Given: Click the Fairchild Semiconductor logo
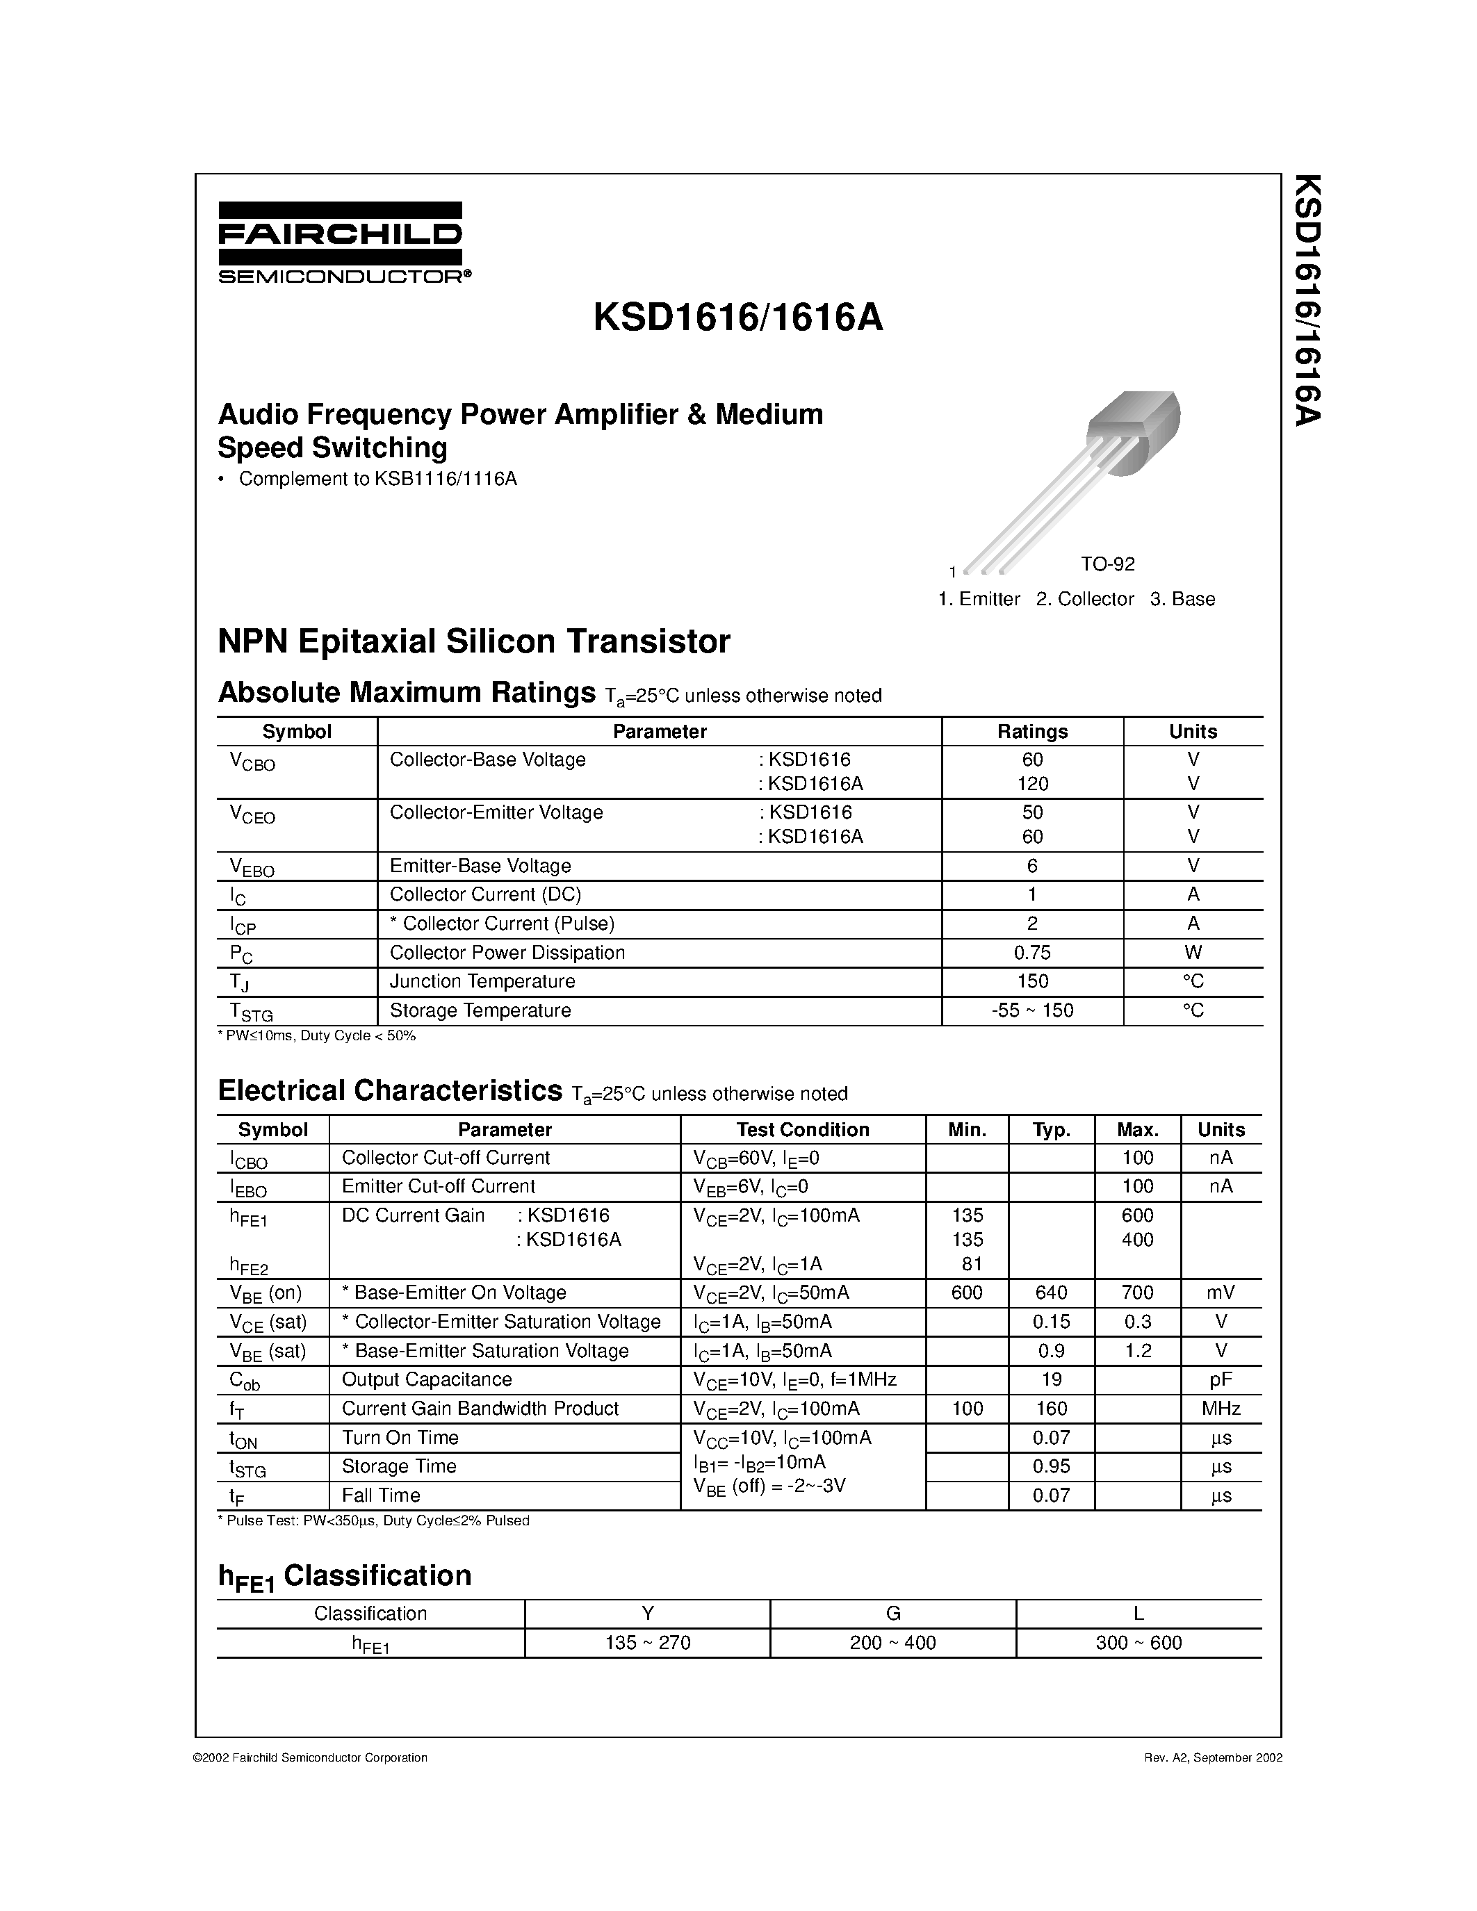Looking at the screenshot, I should click(x=341, y=243).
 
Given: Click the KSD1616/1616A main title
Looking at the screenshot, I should click(x=737, y=318).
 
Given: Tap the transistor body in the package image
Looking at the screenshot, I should click(x=1132, y=432).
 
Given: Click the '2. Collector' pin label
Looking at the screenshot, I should click(x=1084, y=600).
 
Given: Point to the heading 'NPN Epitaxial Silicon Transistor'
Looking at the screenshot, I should click(x=473, y=642).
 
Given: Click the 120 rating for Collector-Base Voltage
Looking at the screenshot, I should click(x=1032, y=784).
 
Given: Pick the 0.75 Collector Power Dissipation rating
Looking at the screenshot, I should click(x=1032, y=953).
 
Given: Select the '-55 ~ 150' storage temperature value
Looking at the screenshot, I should click(x=1032, y=1010).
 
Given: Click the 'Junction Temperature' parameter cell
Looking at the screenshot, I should click(x=482, y=982).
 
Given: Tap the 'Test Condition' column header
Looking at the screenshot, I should click(x=802, y=1130).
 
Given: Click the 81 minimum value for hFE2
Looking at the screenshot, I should click(x=966, y=1263).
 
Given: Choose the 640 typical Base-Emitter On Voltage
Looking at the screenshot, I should click(x=1051, y=1293).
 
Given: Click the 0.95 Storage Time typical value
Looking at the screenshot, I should click(x=1051, y=1466).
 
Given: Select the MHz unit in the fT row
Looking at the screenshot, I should click(x=1221, y=1408).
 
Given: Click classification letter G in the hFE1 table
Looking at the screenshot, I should click(x=892, y=1614).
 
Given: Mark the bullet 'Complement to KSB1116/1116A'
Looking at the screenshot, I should click(x=377, y=479).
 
